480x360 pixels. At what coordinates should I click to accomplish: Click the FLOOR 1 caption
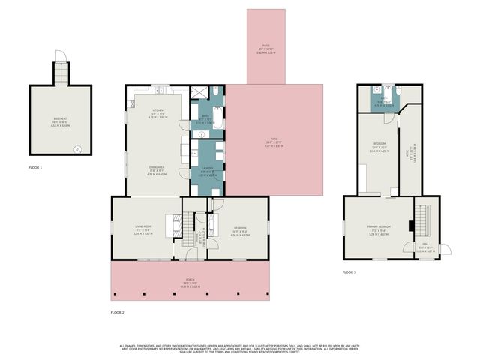pyautogui.click(x=35, y=168)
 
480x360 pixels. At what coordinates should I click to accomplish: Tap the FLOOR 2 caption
pyautogui.click(x=117, y=312)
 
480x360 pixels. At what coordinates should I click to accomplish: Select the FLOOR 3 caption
pyautogui.click(x=349, y=271)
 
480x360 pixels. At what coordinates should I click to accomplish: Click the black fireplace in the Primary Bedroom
pyautogui.click(x=409, y=224)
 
